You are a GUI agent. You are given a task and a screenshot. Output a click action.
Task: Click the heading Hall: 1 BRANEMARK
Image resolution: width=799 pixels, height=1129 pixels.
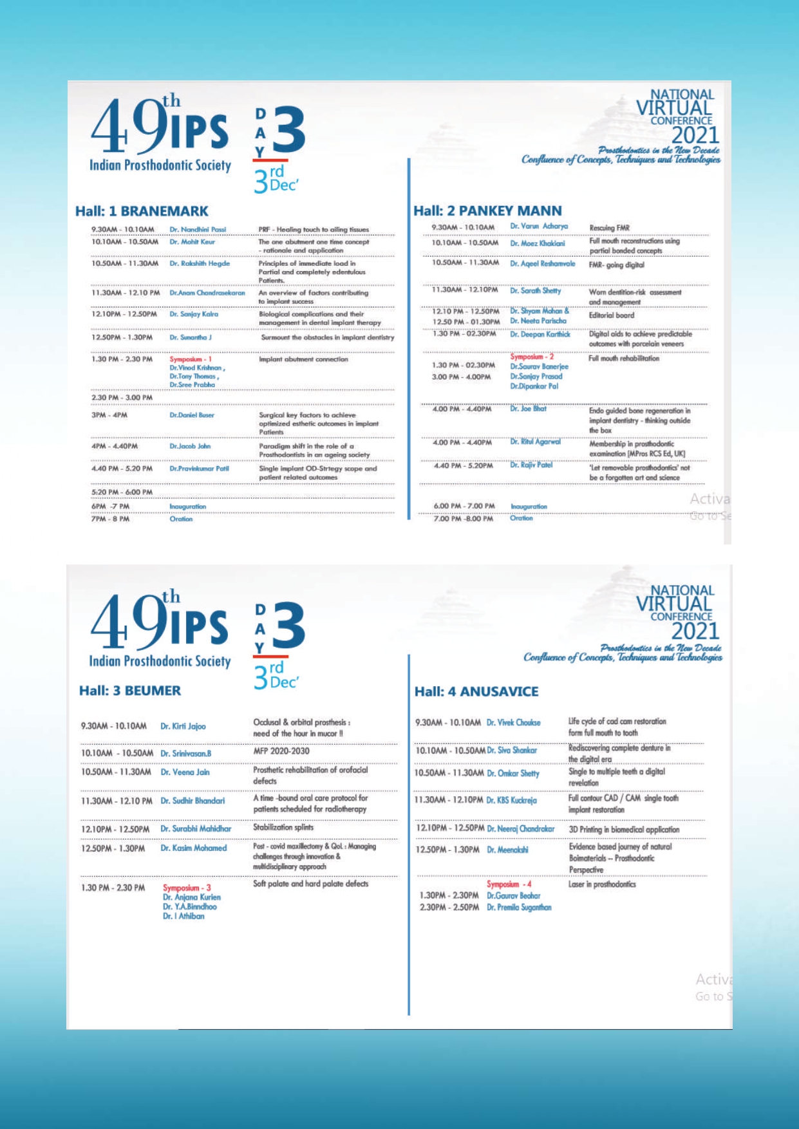142,211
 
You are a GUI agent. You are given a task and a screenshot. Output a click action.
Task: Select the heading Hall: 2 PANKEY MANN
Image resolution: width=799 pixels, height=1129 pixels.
487,211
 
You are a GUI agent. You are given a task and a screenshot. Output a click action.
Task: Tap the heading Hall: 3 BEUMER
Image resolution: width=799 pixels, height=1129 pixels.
130,691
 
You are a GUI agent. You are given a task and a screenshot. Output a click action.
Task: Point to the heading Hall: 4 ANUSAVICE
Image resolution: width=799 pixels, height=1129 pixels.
476,692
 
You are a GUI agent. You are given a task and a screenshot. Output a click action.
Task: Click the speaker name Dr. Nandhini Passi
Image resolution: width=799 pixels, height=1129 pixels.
198,230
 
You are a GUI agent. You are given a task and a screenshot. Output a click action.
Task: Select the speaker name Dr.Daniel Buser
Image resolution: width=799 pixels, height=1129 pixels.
192,415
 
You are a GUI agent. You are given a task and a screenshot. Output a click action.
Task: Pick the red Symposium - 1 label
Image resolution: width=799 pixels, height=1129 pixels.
191,359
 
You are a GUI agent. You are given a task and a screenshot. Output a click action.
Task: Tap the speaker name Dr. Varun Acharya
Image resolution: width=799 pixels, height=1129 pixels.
539,227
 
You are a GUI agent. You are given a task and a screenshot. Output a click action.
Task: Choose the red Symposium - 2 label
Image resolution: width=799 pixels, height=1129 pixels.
532,357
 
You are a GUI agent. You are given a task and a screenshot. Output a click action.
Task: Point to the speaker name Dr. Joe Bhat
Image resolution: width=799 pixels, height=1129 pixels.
528,409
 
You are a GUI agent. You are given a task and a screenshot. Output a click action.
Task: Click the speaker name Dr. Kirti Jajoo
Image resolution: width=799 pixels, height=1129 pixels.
183,727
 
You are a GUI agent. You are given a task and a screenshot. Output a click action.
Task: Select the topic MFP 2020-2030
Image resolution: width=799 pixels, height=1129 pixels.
281,751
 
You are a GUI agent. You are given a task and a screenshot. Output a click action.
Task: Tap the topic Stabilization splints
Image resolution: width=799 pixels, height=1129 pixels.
283,827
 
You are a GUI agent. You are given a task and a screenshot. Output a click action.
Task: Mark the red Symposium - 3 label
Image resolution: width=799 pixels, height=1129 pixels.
187,888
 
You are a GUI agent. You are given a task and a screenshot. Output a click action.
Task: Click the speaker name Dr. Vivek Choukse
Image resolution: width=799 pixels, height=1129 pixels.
513,723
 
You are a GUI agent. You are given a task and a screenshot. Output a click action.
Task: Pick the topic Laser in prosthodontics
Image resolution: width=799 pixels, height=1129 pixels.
602,884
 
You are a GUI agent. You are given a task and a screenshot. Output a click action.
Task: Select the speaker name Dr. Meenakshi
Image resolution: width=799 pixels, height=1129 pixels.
507,850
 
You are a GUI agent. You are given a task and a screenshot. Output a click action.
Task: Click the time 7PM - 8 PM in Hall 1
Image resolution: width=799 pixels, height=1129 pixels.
110,519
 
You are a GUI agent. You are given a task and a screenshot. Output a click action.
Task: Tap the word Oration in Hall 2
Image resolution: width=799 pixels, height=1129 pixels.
521,518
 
